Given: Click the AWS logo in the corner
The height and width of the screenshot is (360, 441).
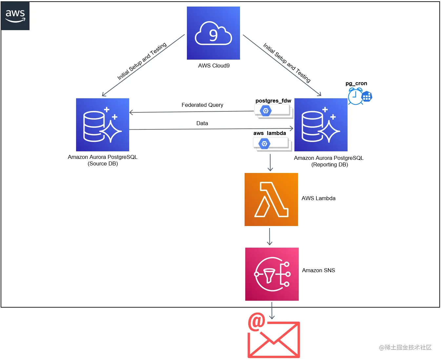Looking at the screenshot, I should point(15,16).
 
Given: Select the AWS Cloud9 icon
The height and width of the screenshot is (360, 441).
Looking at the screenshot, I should point(213,33).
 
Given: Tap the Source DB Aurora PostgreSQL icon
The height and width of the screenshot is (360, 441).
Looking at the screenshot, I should point(103,125).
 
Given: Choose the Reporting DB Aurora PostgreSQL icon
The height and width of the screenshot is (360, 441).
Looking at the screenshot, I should point(321,125).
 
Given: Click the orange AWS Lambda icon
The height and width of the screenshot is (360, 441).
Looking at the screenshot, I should point(271,199).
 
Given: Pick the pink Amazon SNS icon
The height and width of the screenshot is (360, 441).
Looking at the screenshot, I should point(272,274).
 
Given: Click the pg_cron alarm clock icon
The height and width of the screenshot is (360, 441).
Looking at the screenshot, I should point(355,97).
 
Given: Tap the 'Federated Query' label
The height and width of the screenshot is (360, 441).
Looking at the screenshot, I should point(202,105).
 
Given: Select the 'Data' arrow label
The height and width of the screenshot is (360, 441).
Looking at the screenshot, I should point(202,123).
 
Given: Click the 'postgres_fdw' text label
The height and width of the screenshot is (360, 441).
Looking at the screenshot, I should point(273,101).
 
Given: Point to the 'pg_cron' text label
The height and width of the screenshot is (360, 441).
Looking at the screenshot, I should point(356,84).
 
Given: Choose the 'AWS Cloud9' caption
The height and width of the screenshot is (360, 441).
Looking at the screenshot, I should point(214,66).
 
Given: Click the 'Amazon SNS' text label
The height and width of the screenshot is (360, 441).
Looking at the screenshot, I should point(318,270).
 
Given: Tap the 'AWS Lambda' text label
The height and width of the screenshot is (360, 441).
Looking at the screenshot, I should point(318,198).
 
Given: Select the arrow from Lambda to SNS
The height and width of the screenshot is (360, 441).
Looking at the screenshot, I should point(270,237).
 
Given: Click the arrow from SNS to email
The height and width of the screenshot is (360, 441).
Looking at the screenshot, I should point(272,311).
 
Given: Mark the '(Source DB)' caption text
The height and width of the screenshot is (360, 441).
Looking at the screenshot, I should point(103,164).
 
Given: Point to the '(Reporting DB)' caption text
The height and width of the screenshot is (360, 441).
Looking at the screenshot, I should point(330,165).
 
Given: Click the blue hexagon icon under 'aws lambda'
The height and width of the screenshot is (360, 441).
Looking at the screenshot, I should point(264,143).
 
